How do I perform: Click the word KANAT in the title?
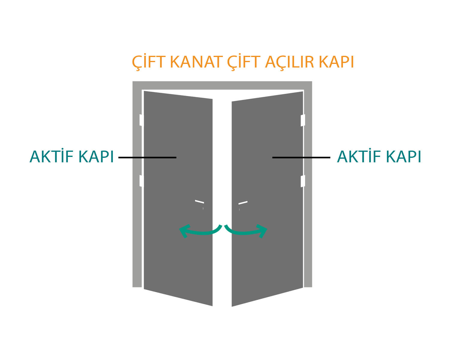pyautogui.click(x=195, y=62)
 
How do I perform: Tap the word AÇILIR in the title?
pyautogui.click(x=289, y=62)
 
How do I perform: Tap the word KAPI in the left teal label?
pyautogui.click(x=96, y=157)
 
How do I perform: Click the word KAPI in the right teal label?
pyautogui.click(x=403, y=157)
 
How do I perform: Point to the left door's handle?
pyautogui.click(x=199, y=202)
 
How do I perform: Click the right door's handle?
pyautogui.click(x=243, y=203)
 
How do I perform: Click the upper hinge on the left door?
pyautogui.click(x=142, y=120)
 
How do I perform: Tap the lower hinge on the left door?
pyautogui.click(x=142, y=181)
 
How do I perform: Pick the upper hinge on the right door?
pyautogui.click(x=303, y=120)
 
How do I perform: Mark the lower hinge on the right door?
pyautogui.click(x=303, y=181)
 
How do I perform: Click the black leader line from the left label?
pyautogui.click(x=147, y=157)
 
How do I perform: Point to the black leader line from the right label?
pyautogui.click(x=301, y=157)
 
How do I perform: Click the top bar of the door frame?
pyautogui.click(x=222, y=85)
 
